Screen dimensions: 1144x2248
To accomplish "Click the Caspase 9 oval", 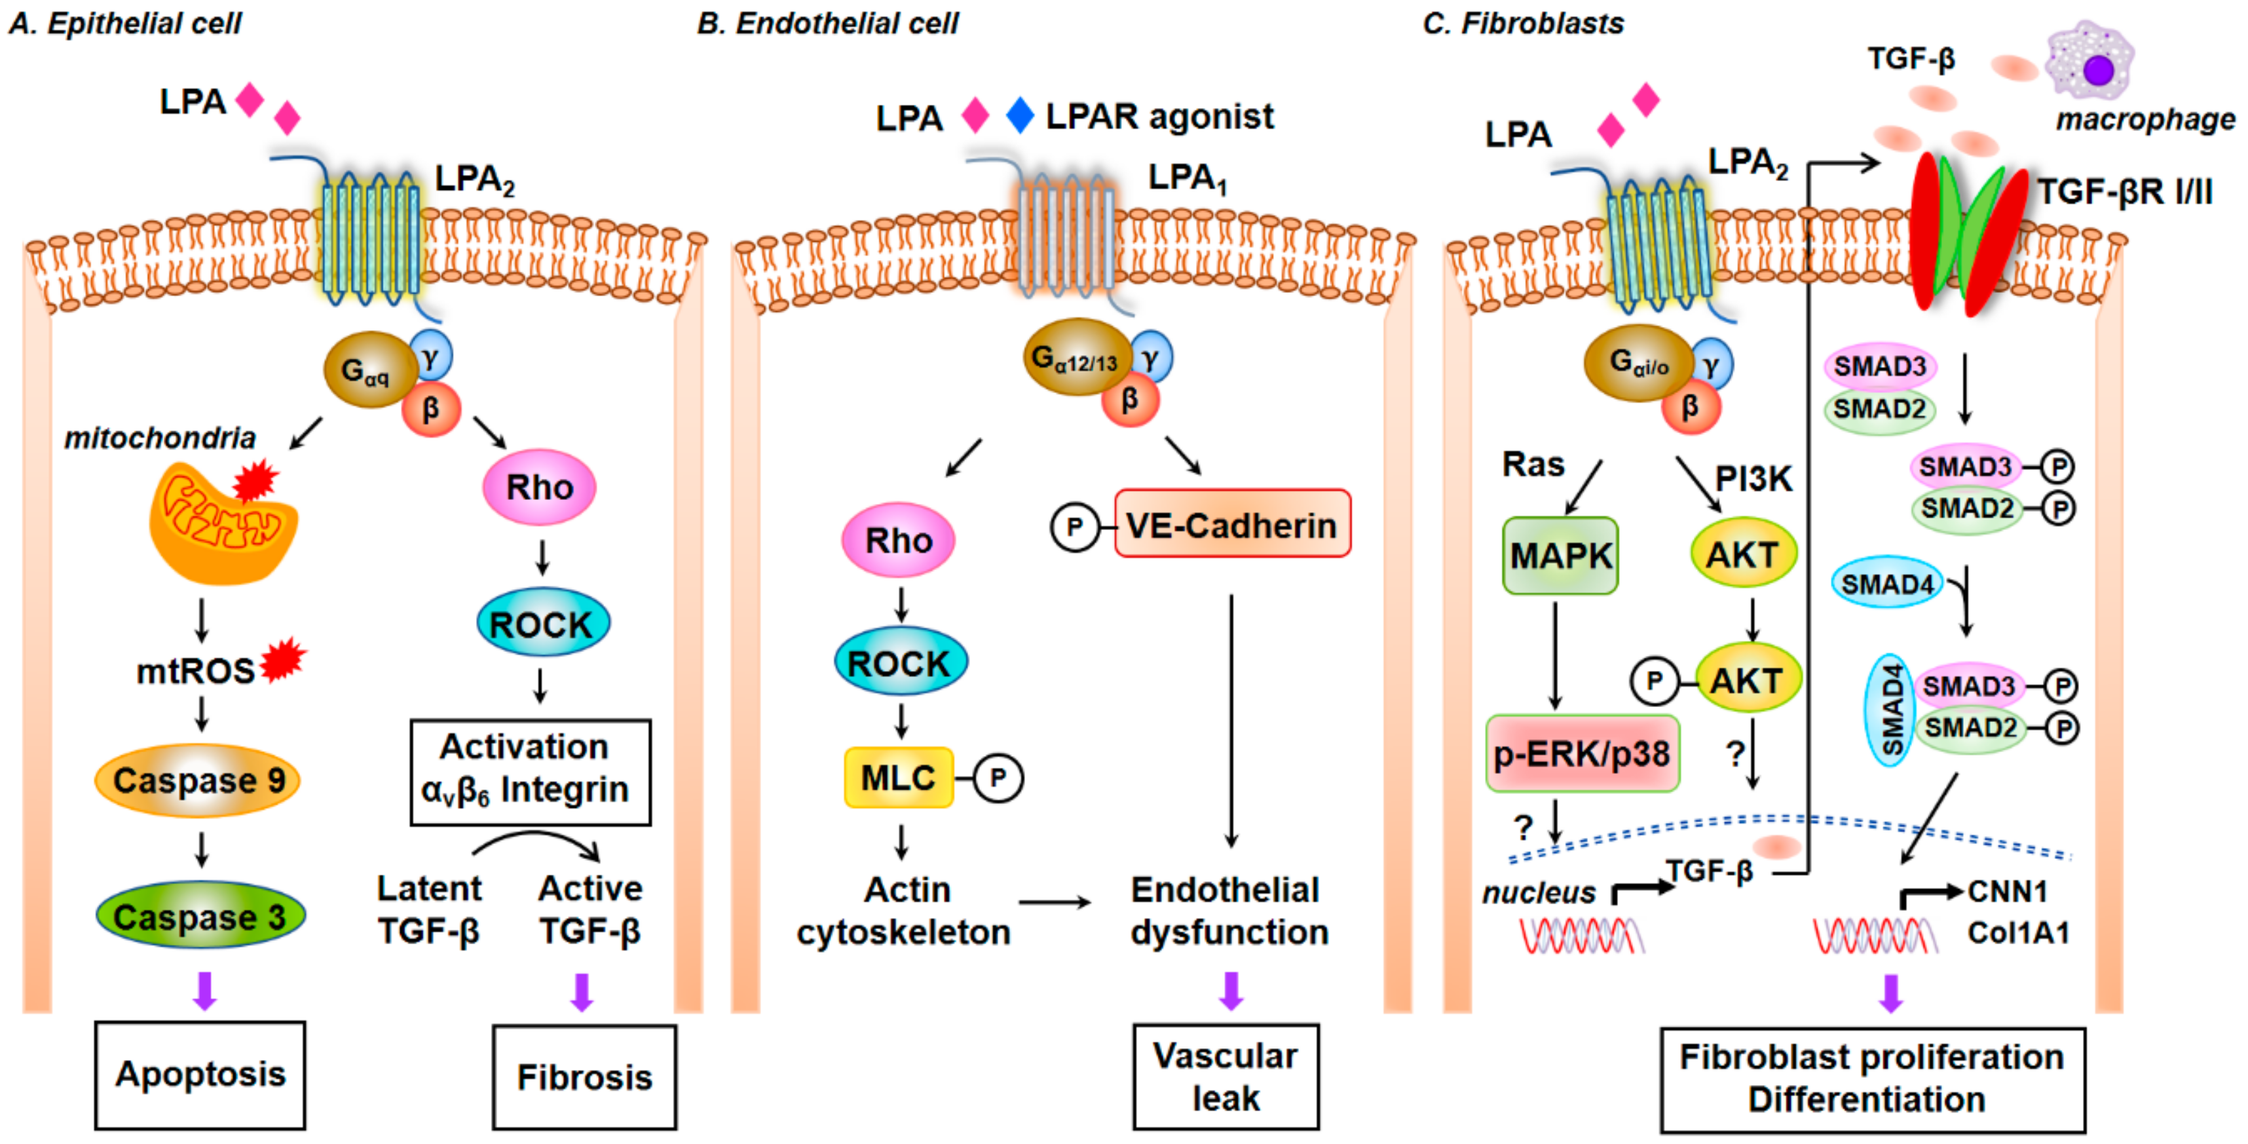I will pos(198,780).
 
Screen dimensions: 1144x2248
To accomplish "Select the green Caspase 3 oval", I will pos(200,915).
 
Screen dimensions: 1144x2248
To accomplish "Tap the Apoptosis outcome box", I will pos(200,1074).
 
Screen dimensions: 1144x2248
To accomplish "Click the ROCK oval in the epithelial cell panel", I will pos(542,624).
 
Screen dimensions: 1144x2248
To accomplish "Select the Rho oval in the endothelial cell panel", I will pos(898,540).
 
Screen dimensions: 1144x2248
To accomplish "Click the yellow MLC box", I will pos(898,776).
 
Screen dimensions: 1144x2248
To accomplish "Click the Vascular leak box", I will pos(1226,1077).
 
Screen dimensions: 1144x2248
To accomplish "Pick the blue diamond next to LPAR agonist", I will pos(1020,115).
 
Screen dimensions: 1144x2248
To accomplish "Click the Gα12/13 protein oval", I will pos(1076,357).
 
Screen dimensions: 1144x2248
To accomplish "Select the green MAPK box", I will pos(1560,556).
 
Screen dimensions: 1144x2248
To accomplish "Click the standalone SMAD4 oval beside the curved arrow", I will pos(1886,583).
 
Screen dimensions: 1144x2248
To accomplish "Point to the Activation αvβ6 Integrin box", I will pos(531,771).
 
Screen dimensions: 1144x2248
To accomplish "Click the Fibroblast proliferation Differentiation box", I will pos(1872,1078).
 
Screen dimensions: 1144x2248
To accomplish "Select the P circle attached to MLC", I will pos(998,778).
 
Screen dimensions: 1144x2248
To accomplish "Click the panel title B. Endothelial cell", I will pos(827,24).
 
